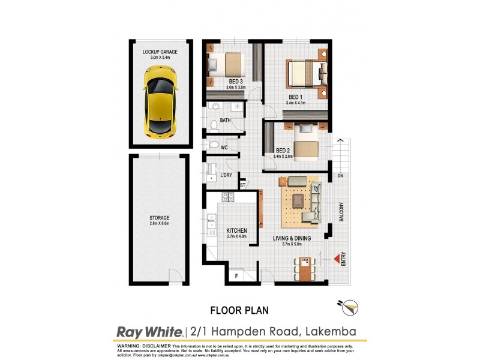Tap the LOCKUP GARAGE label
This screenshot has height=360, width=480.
[160, 52]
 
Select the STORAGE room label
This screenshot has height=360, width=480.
[160, 218]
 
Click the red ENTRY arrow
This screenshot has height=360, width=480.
[337, 259]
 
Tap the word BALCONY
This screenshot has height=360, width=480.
[341, 212]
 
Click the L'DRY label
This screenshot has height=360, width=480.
[226, 175]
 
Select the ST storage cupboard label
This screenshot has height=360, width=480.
[243, 185]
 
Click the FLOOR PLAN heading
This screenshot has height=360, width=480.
[239, 310]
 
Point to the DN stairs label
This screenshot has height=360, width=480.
[340, 176]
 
